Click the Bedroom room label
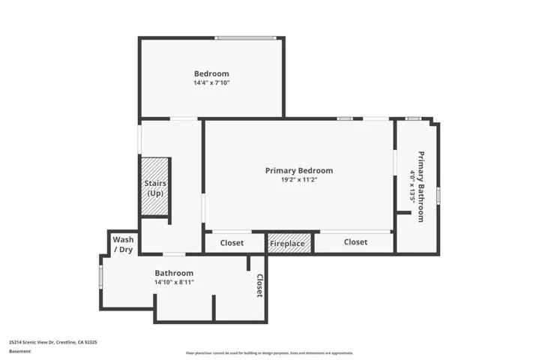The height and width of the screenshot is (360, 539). coord(211,73)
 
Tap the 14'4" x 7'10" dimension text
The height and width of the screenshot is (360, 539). coord(211,82)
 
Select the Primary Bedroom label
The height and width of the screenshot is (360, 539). coord(299,170)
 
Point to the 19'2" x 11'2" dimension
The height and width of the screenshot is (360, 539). coord(299,179)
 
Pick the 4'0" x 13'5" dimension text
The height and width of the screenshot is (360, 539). coord(412,187)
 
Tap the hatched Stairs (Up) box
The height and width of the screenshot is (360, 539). coord(155,186)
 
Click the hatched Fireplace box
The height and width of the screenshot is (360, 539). coord(289,243)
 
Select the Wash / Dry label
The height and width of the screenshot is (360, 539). coord(123,244)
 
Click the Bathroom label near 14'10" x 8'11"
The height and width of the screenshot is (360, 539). coord(174,273)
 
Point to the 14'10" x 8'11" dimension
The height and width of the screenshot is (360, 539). coord(174,282)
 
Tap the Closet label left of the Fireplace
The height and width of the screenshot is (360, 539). coord(232,243)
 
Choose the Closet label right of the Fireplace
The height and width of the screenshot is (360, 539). coord(356,242)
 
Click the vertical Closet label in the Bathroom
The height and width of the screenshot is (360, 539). coord(260,286)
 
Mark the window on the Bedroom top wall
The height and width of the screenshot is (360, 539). coord(245,37)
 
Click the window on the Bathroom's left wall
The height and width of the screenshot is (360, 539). coord(100,277)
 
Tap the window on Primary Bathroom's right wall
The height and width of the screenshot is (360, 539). coord(439,196)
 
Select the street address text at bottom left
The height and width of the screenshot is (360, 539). coord(53,342)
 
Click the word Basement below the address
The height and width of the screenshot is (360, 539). coord(20,351)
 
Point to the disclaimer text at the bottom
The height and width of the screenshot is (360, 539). coord(270,352)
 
